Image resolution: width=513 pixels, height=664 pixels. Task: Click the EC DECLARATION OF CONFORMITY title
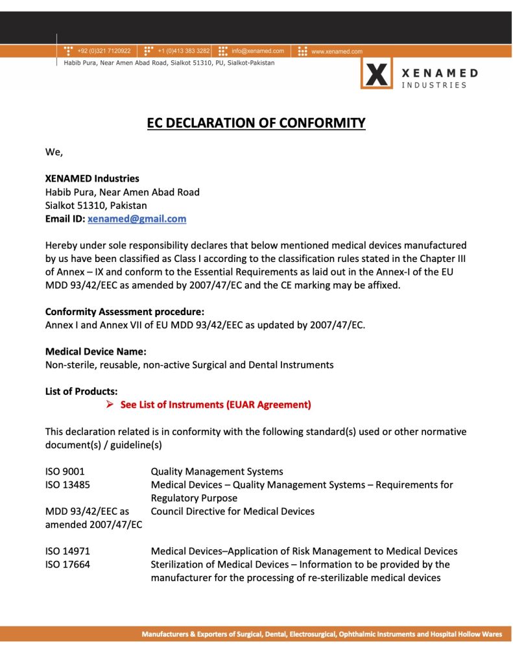(x=256, y=123)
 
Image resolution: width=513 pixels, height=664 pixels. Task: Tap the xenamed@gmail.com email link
(x=137, y=219)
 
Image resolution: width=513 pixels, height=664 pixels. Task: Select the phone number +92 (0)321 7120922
(x=104, y=51)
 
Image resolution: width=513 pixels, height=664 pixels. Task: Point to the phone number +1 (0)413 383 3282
(x=184, y=51)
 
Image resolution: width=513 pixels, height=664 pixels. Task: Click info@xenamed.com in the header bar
(x=257, y=51)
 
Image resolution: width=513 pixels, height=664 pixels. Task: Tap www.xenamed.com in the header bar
(x=337, y=51)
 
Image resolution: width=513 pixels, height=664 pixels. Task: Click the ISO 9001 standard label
(x=65, y=471)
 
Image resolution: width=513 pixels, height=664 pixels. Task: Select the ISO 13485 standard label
(x=67, y=484)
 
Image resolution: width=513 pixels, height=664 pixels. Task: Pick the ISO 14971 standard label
(x=67, y=551)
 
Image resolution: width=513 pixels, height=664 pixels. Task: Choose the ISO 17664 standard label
(x=67, y=564)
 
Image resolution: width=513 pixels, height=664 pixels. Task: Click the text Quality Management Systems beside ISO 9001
(x=217, y=471)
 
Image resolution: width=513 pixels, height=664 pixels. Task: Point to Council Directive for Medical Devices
(x=232, y=511)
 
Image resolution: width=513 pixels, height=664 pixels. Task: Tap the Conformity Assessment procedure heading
(x=125, y=311)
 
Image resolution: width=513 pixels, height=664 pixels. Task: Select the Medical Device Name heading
(x=96, y=351)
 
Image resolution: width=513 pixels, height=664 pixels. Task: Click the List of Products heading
(x=82, y=391)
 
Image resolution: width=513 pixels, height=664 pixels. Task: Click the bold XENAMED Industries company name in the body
(x=92, y=178)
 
